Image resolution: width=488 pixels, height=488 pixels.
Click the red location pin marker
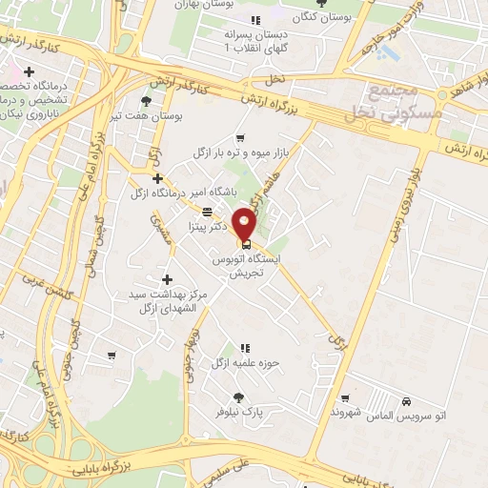point(245,223)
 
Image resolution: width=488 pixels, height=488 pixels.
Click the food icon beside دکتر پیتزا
point(207,212)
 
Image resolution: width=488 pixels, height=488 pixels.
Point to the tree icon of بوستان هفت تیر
point(145,100)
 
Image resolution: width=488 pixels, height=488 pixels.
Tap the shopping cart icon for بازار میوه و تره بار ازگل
point(240,137)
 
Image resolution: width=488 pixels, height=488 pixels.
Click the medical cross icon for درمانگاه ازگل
point(158,178)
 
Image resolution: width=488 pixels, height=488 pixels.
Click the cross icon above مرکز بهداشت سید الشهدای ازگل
point(168,279)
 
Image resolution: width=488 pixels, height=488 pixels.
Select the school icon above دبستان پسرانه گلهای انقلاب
point(254,21)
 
